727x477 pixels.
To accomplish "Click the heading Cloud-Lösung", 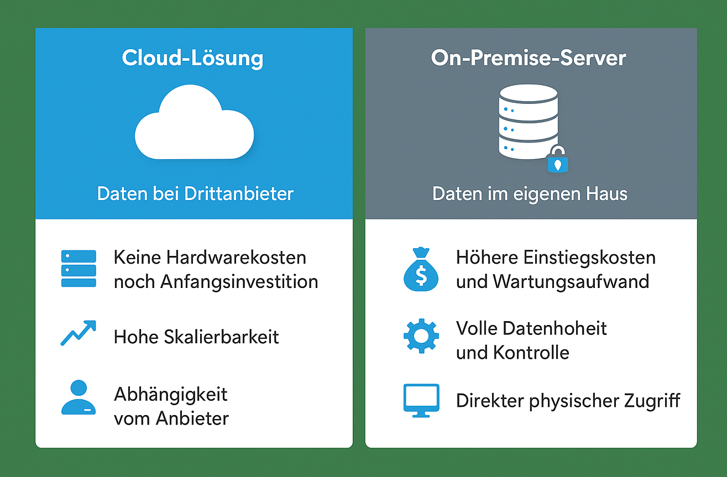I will [x=192, y=58].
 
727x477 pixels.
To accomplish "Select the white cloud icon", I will [x=194, y=124].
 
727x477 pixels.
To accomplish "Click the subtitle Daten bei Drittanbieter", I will [x=195, y=194].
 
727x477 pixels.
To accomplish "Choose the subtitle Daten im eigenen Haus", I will [x=530, y=194].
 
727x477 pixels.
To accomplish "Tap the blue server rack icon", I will [x=79, y=269].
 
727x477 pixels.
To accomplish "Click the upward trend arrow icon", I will [x=78, y=333].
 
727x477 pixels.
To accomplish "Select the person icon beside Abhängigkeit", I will [x=79, y=397].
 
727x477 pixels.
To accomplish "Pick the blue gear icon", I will [x=421, y=336].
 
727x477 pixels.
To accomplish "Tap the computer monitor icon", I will [x=421, y=400].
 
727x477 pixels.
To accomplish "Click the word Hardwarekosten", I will [x=236, y=258].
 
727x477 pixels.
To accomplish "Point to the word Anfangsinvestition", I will [x=239, y=281].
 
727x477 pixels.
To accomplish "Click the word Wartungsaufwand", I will [x=571, y=281].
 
